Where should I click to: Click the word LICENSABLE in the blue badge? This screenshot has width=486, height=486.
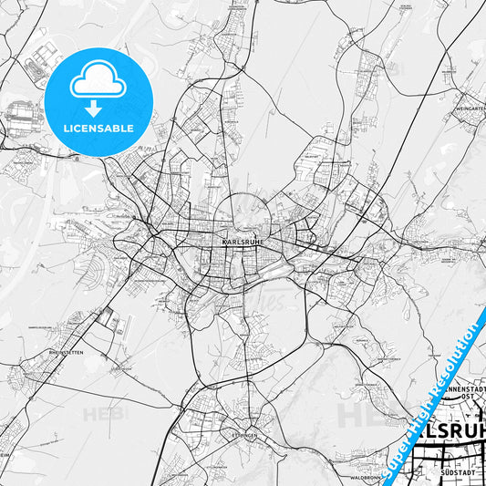coord(98,127)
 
